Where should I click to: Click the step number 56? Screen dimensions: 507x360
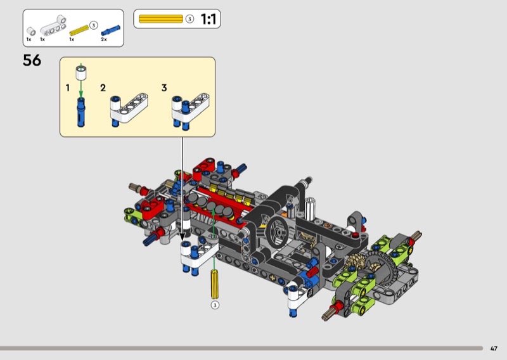pos(32,60)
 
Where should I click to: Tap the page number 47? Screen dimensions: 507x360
pos(494,349)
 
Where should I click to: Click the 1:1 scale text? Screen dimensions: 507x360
pos(209,19)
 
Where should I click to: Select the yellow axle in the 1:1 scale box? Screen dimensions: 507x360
pos(161,19)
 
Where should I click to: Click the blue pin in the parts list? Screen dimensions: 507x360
pos(110,30)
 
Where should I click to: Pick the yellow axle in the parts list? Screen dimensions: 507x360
pos(79,30)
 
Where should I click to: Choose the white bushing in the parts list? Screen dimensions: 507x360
pos(31,32)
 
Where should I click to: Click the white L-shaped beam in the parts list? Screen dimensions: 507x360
pos(54,25)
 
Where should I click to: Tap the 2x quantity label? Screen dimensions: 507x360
pos(104,39)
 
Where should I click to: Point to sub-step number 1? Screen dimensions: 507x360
pos(68,87)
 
